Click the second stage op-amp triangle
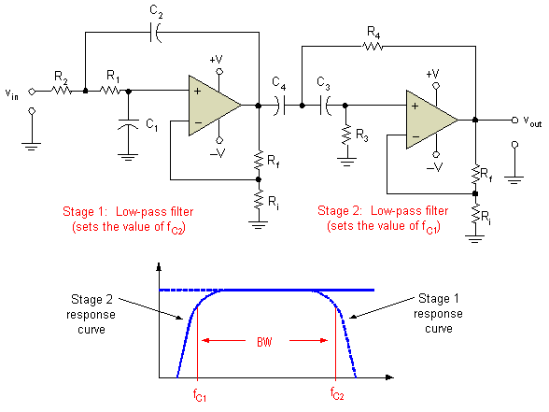pyautogui.click(x=429, y=119)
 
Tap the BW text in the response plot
pyautogui.click(x=266, y=342)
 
